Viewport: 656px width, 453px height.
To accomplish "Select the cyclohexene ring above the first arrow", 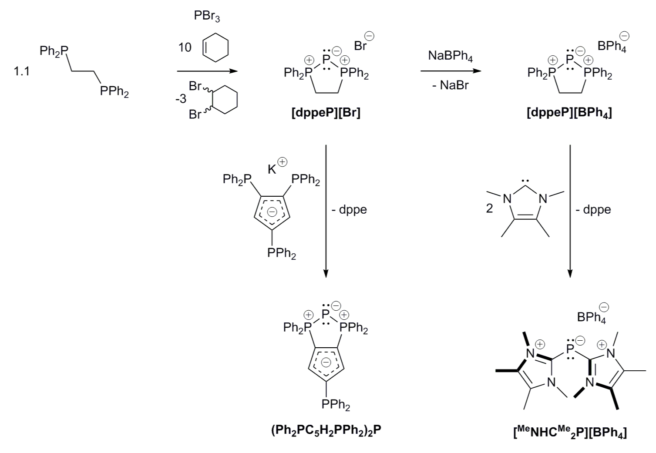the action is click(216, 47).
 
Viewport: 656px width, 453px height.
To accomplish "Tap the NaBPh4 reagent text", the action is click(451, 57).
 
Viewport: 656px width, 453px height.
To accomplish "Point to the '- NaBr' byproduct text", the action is click(450, 85).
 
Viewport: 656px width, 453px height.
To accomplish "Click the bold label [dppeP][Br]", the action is click(326, 114).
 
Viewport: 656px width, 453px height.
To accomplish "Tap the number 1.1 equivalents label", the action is click(21, 71).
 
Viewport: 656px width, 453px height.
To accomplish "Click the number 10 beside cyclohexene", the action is click(185, 47).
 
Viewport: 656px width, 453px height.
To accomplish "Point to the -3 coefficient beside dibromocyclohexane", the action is click(181, 99).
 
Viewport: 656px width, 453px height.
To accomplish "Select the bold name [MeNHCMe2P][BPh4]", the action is click(570, 433).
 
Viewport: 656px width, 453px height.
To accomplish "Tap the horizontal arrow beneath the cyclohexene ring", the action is click(207, 71).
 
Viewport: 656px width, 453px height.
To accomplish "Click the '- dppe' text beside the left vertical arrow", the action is click(349, 210).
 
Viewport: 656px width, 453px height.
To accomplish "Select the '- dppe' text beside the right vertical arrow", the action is click(593, 210).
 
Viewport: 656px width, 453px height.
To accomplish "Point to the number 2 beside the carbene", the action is click(489, 208).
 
